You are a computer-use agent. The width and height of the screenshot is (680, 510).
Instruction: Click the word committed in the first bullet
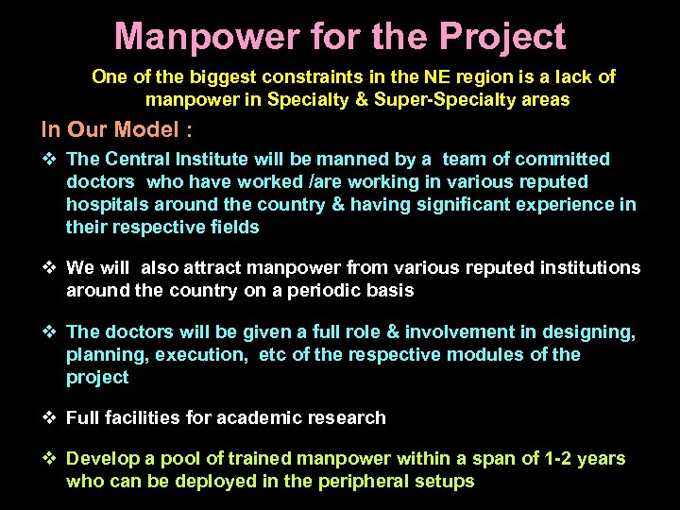[564, 160]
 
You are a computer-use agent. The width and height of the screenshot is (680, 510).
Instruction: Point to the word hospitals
[108, 204]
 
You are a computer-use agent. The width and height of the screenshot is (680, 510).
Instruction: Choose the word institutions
[587, 268]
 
